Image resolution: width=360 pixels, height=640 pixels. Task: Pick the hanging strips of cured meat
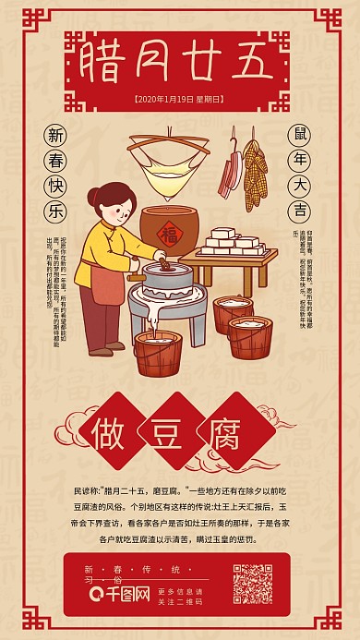click(x=229, y=172)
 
